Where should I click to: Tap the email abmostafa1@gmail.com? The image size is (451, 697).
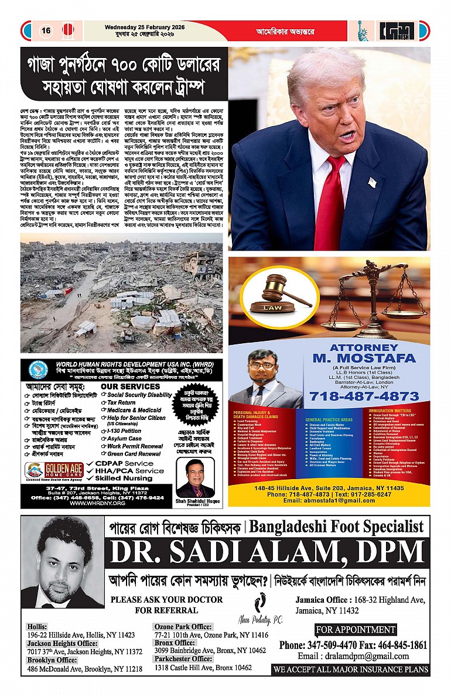(x=329, y=501)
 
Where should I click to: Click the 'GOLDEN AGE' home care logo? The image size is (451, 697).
(x=54, y=470)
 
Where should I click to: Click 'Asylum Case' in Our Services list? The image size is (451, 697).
(x=124, y=438)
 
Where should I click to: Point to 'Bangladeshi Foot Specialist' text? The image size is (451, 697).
(x=336, y=527)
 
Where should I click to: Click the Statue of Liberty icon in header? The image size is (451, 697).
(x=364, y=30)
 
